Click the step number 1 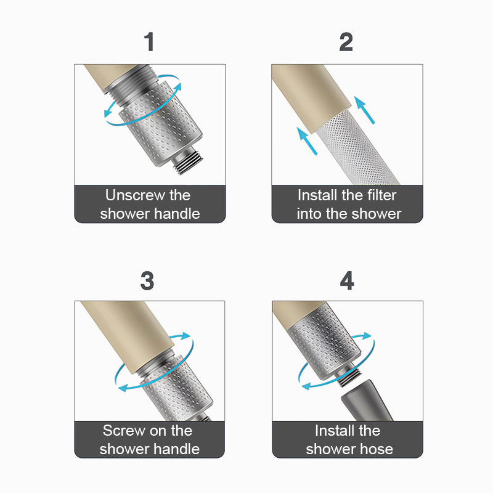point(149,41)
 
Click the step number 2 point(346,42)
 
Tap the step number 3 point(147,281)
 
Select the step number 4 point(347,281)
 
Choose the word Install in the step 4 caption point(334,430)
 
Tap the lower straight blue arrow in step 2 point(307,141)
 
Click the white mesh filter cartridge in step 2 point(357,148)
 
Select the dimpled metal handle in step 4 point(324,341)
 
